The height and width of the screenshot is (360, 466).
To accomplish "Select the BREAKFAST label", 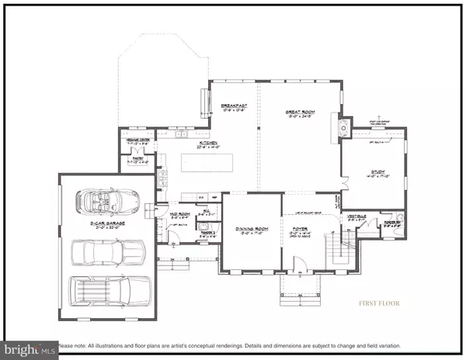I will pos(233,106).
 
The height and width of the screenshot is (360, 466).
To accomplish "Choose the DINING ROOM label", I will pos(251,228).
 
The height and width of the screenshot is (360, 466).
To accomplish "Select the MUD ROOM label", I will pos(181,214).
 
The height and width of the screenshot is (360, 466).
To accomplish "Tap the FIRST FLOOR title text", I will pos(378,303).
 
